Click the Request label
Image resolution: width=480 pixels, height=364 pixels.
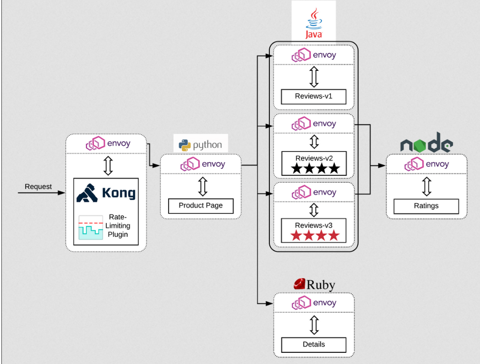(38, 186)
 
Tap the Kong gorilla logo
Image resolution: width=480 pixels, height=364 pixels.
(87, 193)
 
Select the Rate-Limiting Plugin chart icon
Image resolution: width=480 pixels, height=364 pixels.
(90, 227)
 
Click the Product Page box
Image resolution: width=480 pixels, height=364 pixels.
(201, 206)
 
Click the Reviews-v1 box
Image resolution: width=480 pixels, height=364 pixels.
(314, 96)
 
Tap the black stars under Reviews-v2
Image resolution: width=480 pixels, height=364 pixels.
(314, 168)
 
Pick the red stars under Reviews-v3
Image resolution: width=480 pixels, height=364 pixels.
(314, 235)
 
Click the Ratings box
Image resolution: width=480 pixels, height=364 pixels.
(426, 206)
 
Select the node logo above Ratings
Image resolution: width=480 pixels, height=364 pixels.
(426, 144)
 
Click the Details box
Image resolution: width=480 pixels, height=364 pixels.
(314, 344)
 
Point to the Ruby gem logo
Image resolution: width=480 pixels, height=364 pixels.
(299, 283)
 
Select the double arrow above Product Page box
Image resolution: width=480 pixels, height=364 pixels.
(202, 185)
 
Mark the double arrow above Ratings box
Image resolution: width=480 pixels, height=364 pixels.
(426, 185)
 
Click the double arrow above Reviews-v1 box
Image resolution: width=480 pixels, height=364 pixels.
(314, 76)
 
